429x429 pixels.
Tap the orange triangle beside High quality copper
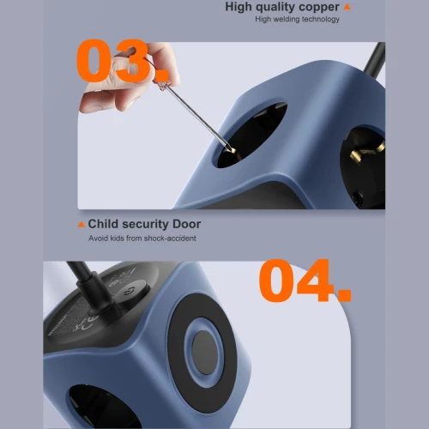(347, 7)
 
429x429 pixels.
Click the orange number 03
(123, 61)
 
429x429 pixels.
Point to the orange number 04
(305, 281)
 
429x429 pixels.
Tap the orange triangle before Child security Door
(82, 225)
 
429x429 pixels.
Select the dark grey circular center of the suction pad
(205, 353)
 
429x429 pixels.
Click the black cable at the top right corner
(374, 58)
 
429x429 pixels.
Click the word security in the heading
(145, 225)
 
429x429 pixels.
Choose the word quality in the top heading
(275, 7)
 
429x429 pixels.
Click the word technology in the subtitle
(321, 19)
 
